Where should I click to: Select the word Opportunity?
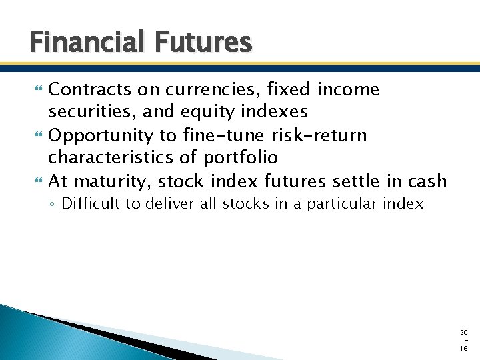point(101,135)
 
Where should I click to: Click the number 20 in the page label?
point(463,332)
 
